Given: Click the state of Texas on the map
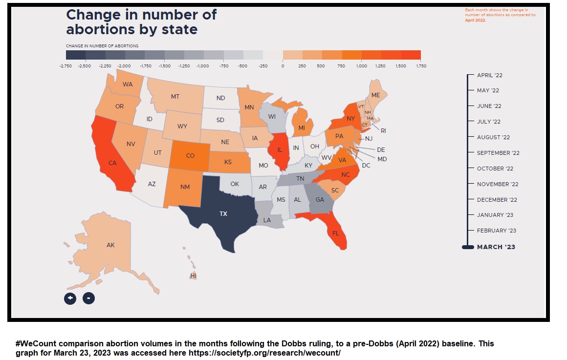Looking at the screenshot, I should [x=222, y=213].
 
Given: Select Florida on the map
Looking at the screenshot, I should [x=335, y=233].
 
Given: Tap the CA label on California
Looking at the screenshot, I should [x=112, y=163].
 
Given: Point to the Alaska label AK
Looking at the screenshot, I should [x=110, y=245].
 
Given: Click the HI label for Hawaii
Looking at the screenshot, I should [x=194, y=276].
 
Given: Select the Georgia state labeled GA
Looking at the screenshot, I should [x=320, y=200].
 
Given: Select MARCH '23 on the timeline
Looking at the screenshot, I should [x=496, y=247].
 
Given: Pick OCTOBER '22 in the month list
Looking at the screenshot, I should [x=495, y=169].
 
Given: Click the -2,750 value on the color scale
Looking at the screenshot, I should [x=65, y=65].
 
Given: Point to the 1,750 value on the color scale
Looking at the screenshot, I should [x=421, y=65].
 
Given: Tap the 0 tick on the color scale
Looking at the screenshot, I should [x=283, y=65].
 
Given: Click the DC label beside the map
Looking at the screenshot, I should [x=366, y=166].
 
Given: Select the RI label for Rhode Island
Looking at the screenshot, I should [x=383, y=130].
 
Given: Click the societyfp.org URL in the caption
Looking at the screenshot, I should [x=264, y=352].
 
